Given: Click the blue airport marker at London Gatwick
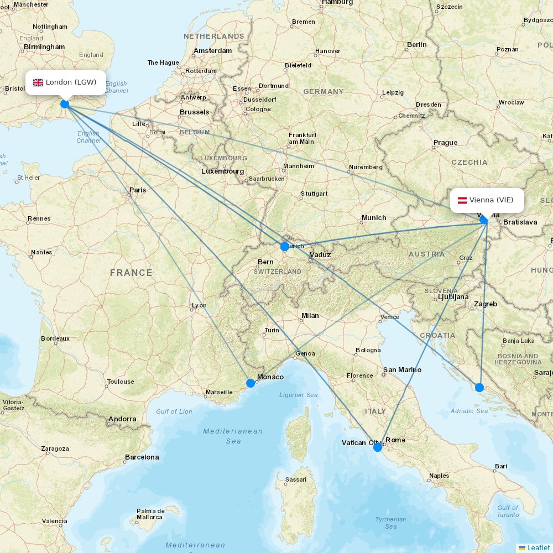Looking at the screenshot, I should click(65, 103).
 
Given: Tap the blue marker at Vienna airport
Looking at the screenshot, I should click(484, 220).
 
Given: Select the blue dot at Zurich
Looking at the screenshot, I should click(285, 247).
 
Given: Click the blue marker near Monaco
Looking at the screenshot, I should click(251, 383).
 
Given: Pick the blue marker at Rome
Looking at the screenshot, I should click(378, 447).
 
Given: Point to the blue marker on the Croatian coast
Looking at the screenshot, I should click(479, 387).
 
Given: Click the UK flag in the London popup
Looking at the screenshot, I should click(38, 82).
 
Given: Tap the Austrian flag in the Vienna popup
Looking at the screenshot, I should click(462, 200).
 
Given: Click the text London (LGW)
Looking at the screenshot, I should click(71, 82).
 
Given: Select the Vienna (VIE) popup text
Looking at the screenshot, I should click(491, 200).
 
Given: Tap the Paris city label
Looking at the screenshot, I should click(138, 190).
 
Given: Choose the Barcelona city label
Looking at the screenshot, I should click(142, 457).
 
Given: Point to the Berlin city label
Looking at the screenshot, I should click(417, 44).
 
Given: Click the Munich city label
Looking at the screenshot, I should click(374, 217).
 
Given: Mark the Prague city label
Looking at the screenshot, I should click(445, 142).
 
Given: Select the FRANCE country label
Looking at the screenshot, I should click(131, 273).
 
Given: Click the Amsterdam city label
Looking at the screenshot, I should click(212, 50).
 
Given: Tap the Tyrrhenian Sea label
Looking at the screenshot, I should click(390, 523).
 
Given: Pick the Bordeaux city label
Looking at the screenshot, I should click(55, 338).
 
